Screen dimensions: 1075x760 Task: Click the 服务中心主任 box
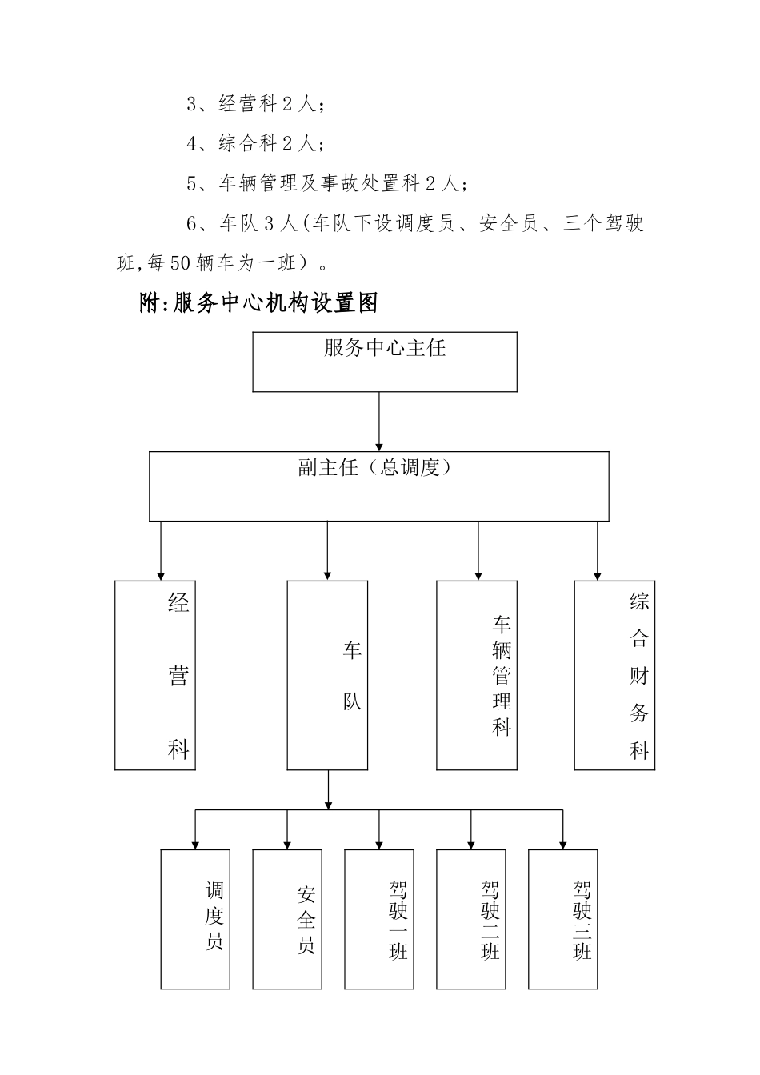pos(384,362)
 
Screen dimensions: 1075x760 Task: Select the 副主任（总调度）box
pos(378,486)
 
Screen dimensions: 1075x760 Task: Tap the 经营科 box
pos(155,675)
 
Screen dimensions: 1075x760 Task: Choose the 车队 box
pos(327,675)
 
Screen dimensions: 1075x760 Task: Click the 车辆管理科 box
pos(476,675)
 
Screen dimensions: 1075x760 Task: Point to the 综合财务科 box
pos(614,675)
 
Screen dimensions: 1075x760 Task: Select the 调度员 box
pos(195,919)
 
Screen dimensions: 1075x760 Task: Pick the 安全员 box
pos(287,919)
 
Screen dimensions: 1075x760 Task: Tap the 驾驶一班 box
pos(379,919)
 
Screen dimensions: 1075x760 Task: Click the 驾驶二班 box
pos(471,919)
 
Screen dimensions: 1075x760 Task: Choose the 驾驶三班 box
pos(563,919)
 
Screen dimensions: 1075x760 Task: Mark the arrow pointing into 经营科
pos(162,552)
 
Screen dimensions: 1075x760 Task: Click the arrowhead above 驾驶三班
pos(563,843)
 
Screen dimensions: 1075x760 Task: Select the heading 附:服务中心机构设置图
pos(258,302)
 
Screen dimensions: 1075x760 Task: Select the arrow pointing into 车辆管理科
pos(478,552)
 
